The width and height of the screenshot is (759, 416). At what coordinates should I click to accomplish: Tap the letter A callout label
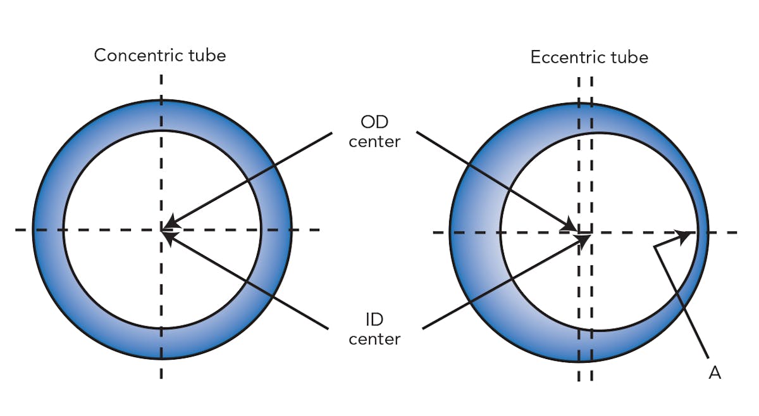click(x=715, y=373)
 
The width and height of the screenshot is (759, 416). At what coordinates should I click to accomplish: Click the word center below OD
click(x=374, y=141)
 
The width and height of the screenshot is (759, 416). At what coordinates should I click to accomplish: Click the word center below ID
click(x=374, y=339)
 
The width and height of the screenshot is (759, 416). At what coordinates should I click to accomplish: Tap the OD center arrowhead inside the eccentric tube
click(x=572, y=226)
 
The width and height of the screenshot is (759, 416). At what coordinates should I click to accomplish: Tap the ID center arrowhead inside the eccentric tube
click(x=583, y=239)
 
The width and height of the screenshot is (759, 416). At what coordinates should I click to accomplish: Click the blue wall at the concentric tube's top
click(x=162, y=115)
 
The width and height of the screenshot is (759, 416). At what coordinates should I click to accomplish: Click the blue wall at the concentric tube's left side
click(x=48, y=229)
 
